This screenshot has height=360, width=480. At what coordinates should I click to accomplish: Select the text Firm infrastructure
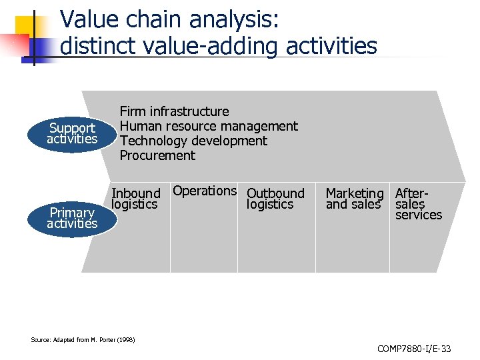[x=174, y=111]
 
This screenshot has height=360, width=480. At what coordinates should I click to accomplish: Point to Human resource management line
[x=209, y=126]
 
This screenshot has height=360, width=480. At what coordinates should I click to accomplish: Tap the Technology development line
[x=193, y=141]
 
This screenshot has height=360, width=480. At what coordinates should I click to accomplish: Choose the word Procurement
[x=157, y=155]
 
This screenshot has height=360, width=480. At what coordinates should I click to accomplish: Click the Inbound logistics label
[x=136, y=199]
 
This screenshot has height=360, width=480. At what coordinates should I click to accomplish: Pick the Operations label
[x=205, y=191]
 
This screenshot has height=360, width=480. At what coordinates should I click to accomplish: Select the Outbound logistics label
[x=275, y=199]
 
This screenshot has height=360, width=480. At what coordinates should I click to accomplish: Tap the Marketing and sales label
[x=354, y=199]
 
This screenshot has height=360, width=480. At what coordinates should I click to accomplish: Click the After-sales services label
[x=419, y=204]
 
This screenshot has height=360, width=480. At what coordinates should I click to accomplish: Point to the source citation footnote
[x=83, y=340]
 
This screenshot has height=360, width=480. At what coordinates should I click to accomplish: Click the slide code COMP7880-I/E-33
[x=414, y=349]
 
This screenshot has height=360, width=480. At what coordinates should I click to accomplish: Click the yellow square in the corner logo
[x=23, y=26]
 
